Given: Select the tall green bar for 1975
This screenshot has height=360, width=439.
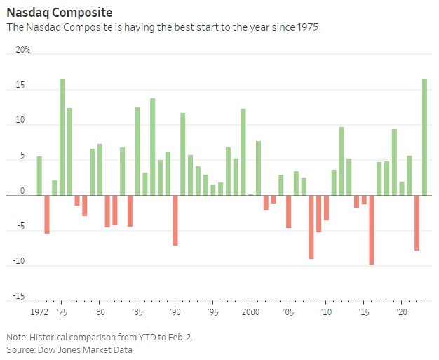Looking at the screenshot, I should coord(62,137).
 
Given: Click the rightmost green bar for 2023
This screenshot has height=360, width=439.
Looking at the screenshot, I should coord(424,137).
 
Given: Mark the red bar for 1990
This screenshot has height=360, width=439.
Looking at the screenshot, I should coord(175,220).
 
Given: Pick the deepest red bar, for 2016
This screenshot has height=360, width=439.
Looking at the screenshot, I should coord(372,229).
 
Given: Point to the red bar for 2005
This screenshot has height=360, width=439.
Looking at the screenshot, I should coord(288,211).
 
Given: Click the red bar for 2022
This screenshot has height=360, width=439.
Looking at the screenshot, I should coord(417,222).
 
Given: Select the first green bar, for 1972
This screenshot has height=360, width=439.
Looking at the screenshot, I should coord(39,175).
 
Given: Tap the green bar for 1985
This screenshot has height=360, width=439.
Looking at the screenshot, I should coord(137,151).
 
